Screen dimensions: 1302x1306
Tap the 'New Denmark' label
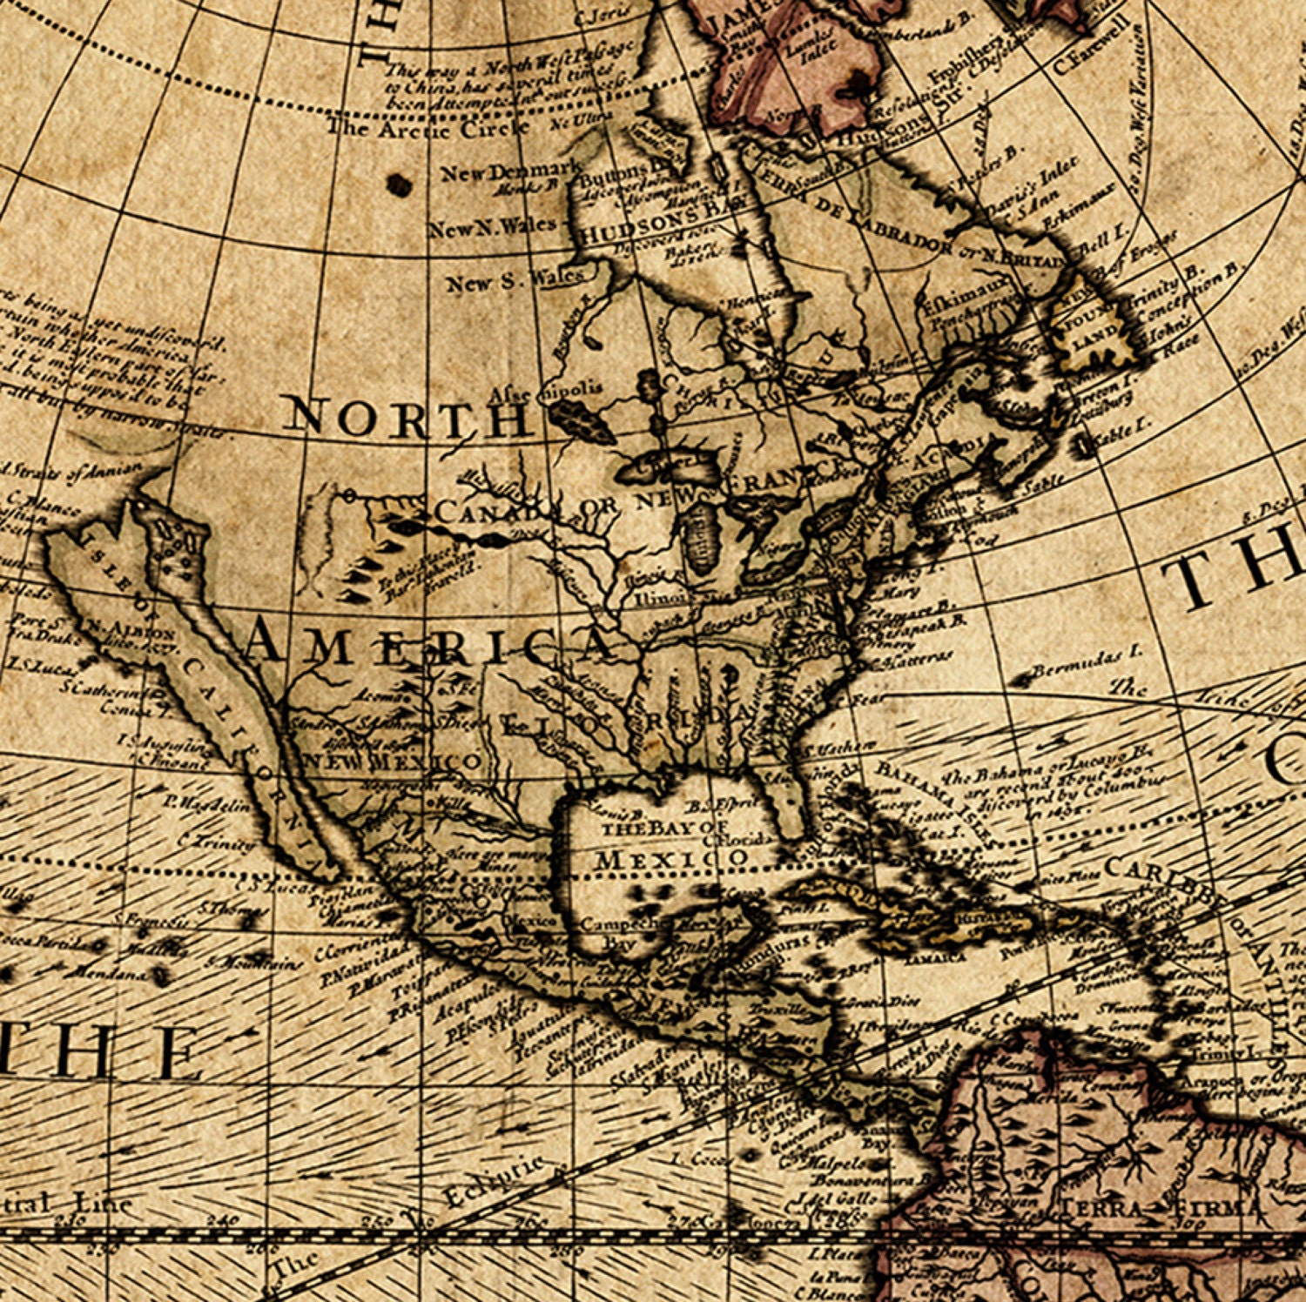click(x=510, y=171)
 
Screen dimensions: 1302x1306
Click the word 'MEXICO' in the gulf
click(x=671, y=860)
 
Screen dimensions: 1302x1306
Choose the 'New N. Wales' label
click(x=491, y=228)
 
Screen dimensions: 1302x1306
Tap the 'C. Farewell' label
click(x=1090, y=57)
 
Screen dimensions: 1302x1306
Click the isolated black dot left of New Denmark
click(x=400, y=184)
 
